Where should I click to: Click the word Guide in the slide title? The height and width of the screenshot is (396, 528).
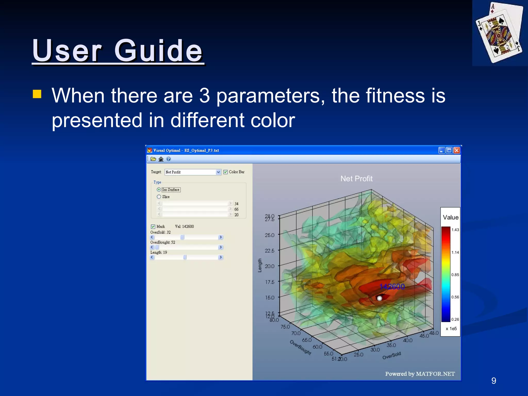click(x=158, y=51)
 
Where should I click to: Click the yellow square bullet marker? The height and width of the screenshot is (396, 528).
click(x=37, y=94)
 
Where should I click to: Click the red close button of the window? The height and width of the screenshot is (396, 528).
click(x=457, y=150)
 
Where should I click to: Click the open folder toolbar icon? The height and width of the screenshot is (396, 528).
click(x=153, y=159)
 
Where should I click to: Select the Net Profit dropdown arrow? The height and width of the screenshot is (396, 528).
click(x=218, y=172)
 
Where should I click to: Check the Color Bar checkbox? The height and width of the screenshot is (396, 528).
click(x=226, y=172)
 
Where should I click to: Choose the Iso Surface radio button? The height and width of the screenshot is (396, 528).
click(x=159, y=189)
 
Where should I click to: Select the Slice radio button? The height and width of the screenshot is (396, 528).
click(x=159, y=197)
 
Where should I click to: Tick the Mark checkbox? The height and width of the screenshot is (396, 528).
click(x=153, y=227)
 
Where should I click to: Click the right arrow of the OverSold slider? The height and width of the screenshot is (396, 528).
click(x=220, y=237)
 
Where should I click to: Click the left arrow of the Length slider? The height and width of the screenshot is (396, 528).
click(x=152, y=257)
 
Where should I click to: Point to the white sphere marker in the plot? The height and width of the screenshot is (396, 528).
click(x=379, y=298)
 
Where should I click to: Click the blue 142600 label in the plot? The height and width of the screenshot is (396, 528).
click(x=392, y=287)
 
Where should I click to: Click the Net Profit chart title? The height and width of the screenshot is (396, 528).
click(x=356, y=179)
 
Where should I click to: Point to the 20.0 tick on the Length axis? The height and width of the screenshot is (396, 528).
click(x=270, y=266)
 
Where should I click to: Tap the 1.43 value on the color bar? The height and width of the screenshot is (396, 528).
click(x=455, y=230)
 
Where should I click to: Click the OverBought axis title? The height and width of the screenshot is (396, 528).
click(x=300, y=348)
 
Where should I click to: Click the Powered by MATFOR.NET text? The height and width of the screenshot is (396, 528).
click(x=420, y=374)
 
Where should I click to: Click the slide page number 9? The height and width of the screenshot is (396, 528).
click(x=493, y=381)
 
